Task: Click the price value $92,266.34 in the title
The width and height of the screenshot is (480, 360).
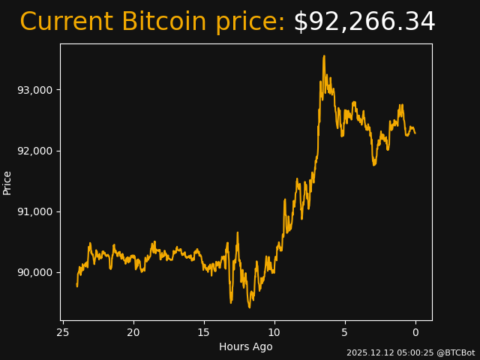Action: click(x=364, y=22)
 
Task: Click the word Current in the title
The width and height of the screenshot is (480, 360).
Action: click(x=66, y=22)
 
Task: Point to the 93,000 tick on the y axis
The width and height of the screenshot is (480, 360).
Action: click(x=35, y=90)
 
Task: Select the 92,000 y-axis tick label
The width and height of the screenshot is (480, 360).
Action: click(x=35, y=151)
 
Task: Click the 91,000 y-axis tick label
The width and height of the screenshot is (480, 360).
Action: click(x=35, y=211)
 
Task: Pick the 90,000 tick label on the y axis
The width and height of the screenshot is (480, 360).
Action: click(x=35, y=272)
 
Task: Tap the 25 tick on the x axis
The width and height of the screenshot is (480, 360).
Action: click(x=63, y=332)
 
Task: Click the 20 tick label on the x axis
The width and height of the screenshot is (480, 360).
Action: click(x=133, y=332)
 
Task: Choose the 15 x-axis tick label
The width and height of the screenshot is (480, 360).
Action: click(x=203, y=332)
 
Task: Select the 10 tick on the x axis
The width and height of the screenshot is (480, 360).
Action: click(x=274, y=332)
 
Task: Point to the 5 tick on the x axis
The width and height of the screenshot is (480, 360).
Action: click(x=345, y=332)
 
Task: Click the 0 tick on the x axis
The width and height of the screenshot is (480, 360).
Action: click(x=415, y=332)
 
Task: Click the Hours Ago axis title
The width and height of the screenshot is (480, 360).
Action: click(x=246, y=346)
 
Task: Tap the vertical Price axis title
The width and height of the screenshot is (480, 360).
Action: click(x=7, y=182)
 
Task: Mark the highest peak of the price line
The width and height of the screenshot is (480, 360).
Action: click(x=324, y=55)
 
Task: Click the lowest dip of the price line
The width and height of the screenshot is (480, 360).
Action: click(x=250, y=307)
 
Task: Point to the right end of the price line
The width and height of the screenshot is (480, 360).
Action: click(x=415, y=133)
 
